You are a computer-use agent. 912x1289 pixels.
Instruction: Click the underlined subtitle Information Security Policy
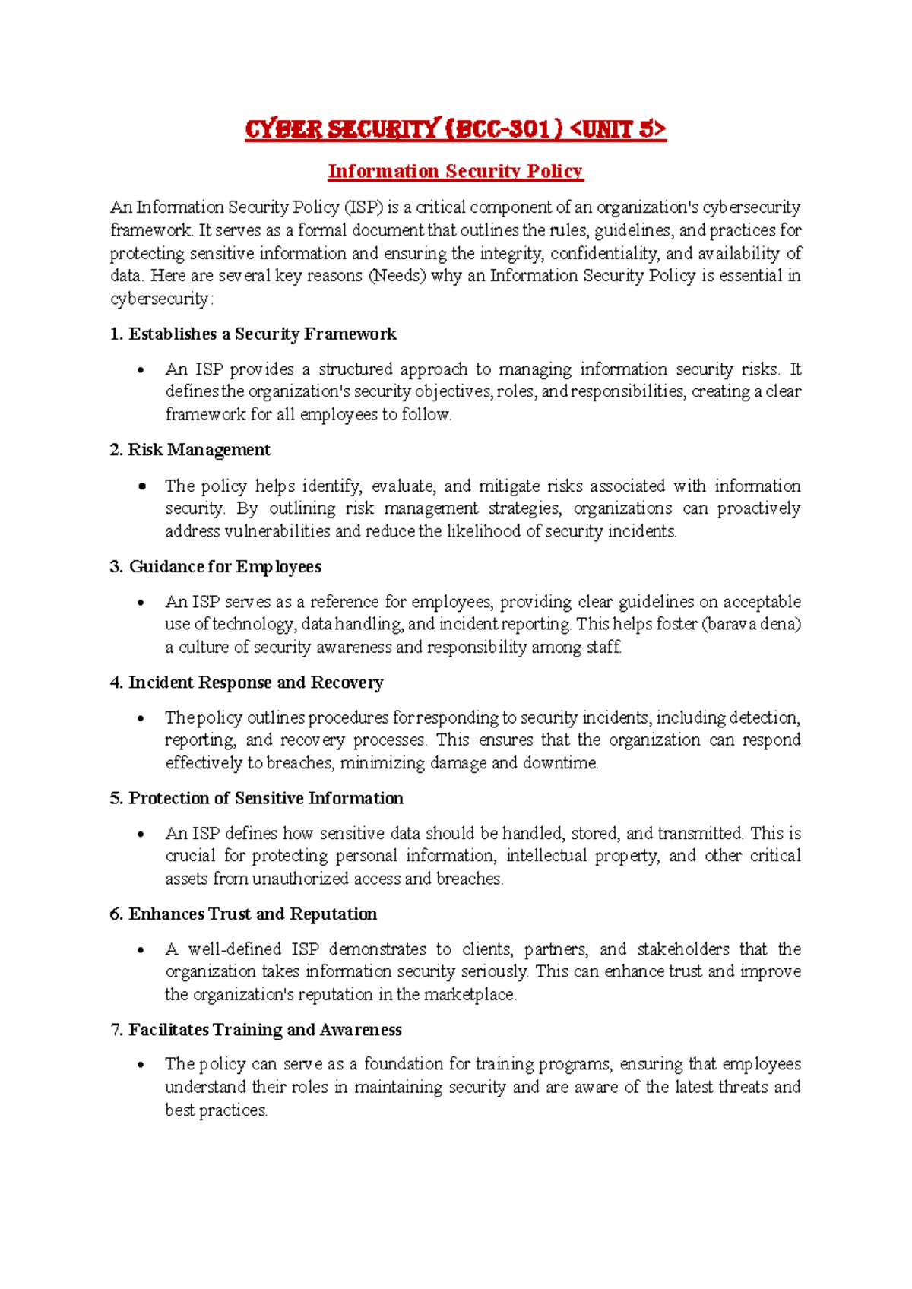(455, 172)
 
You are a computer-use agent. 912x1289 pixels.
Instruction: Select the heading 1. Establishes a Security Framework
(253, 334)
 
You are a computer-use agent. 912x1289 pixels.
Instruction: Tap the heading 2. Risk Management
(190, 450)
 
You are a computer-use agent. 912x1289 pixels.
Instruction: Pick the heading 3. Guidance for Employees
(216, 567)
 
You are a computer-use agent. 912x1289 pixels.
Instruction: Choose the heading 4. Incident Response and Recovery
(246, 683)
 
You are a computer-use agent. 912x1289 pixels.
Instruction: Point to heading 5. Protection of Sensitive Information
(257, 798)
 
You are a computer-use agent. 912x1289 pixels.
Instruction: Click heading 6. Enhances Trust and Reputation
(243, 914)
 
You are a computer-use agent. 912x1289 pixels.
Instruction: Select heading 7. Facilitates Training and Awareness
(256, 1030)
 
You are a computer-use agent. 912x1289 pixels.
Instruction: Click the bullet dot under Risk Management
(141, 486)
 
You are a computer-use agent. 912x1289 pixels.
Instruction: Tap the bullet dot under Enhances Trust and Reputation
(141, 950)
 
